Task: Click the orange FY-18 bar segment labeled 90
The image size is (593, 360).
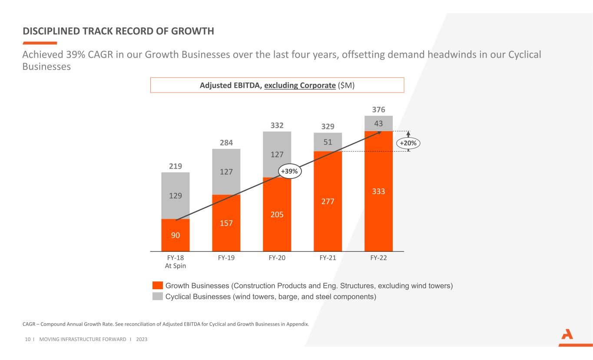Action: [x=175, y=235]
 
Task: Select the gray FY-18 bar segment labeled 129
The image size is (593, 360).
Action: [x=175, y=195]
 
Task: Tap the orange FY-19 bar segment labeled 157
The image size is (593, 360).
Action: [x=226, y=223]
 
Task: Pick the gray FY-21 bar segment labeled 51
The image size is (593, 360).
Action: [x=328, y=142]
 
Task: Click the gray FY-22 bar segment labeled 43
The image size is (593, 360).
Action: [x=378, y=123]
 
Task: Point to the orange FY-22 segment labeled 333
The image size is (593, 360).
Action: [x=378, y=191]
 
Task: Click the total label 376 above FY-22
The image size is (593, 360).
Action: [x=378, y=110]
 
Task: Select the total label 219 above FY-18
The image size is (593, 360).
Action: [x=175, y=166]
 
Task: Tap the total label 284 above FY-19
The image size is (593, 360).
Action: [x=226, y=143]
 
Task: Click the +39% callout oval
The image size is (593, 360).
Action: [x=289, y=172]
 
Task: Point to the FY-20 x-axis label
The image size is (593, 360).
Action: [x=277, y=258]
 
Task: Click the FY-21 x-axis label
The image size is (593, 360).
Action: [x=328, y=258]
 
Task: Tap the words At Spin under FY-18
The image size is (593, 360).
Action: [x=175, y=266]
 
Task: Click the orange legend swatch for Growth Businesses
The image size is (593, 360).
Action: [x=158, y=286]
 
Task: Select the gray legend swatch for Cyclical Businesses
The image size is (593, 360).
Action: [x=158, y=297]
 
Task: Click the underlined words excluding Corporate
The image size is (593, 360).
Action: [x=300, y=85]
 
